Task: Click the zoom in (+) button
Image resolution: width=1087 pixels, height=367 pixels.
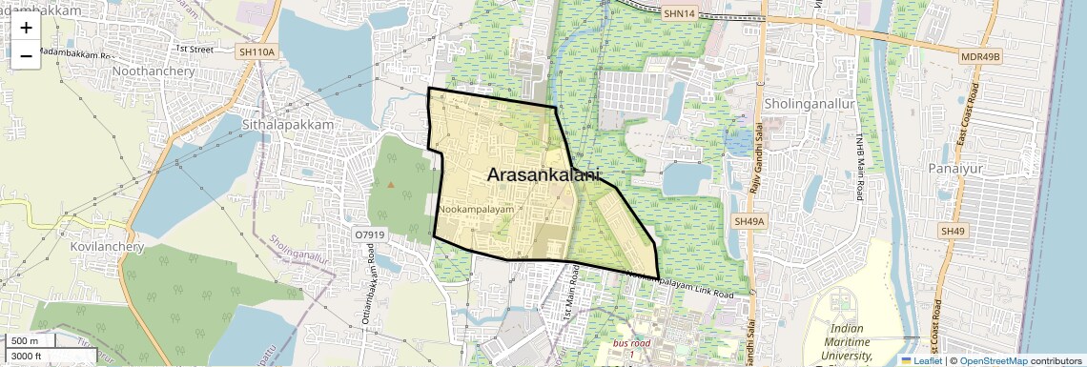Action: [26, 28]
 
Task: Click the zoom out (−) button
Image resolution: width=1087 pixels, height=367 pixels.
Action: [26, 56]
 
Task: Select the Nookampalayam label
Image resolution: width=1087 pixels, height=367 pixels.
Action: [476, 208]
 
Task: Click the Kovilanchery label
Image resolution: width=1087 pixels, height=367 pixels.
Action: [107, 246]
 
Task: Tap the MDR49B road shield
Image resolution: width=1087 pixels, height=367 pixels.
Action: [981, 57]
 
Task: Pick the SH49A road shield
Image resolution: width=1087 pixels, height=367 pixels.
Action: [749, 221]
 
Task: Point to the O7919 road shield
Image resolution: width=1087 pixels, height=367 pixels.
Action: [370, 234]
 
